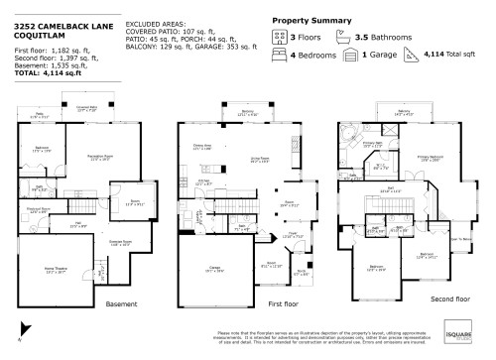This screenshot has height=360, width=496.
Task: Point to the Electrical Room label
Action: [38, 210]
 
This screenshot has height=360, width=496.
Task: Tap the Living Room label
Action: [261, 158]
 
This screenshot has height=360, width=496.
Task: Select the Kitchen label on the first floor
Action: [202, 182]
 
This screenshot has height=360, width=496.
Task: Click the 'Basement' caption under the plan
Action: [121, 302]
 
